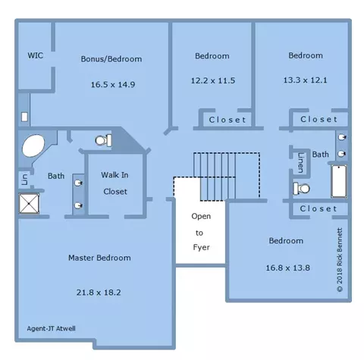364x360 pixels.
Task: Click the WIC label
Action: [x=36, y=55]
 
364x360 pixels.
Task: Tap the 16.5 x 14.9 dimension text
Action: [x=113, y=84]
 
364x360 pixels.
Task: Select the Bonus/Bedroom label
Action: [x=111, y=59]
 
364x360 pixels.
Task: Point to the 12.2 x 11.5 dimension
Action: [x=213, y=80]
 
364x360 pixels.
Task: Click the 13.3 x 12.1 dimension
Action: [x=305, y=80]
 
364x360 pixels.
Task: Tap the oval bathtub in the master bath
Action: [x=33, y=146]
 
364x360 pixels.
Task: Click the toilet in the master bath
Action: [x=103, y=140]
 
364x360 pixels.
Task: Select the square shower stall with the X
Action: [x=29, y=203]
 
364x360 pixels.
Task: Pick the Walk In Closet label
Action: [x=115, y=183]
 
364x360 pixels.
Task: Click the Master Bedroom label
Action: [x=99, y=258]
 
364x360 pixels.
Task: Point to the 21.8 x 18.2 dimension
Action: [x=99, y=293]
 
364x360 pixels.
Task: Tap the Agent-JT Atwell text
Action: [x=51, y=328]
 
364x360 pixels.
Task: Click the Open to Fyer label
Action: [x=201, y=232]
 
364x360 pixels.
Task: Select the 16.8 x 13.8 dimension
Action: [x=287, y=268]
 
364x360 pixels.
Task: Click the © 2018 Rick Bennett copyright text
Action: [x=340, y=260]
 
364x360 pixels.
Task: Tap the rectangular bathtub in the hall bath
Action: [x=339, y=181]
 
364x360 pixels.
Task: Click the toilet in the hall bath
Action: [x=301, y=189]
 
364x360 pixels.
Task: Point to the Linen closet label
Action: [x=300, y=163]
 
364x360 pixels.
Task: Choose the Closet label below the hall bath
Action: [x=318, y=208]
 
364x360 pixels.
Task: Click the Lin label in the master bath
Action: [x=25, y=180]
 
